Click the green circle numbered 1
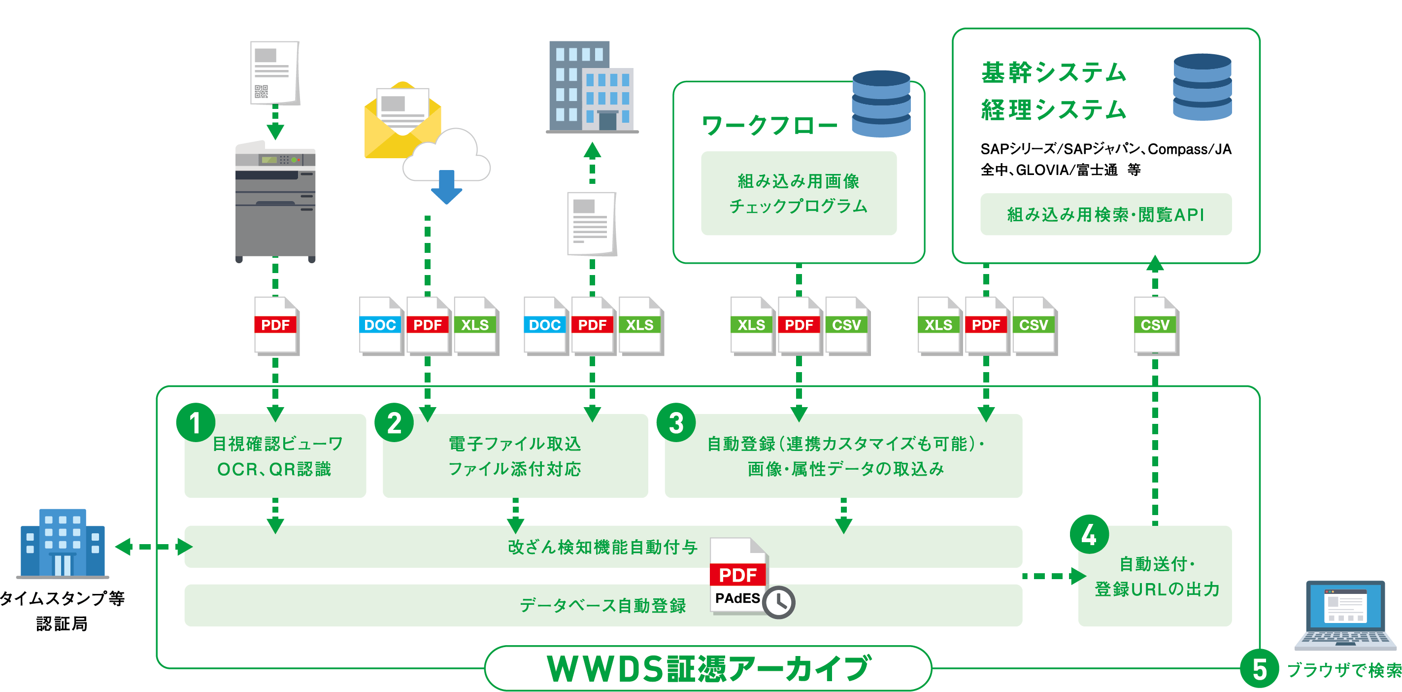pos(196,422)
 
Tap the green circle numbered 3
pos(676,422)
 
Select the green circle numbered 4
pos(1089,535)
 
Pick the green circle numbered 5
pos(1259,669)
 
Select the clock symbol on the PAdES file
pos(779,602)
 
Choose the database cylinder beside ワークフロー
pos(881,104)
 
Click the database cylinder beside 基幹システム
pos(1202,87)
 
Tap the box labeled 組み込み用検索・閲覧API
pos(1105,214)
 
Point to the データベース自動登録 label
pos(602,605)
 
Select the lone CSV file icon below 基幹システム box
pos(1156,326)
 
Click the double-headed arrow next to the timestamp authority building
pos(154,547)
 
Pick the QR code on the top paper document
pos(262,92)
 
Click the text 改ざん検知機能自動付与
pos(602,547)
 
